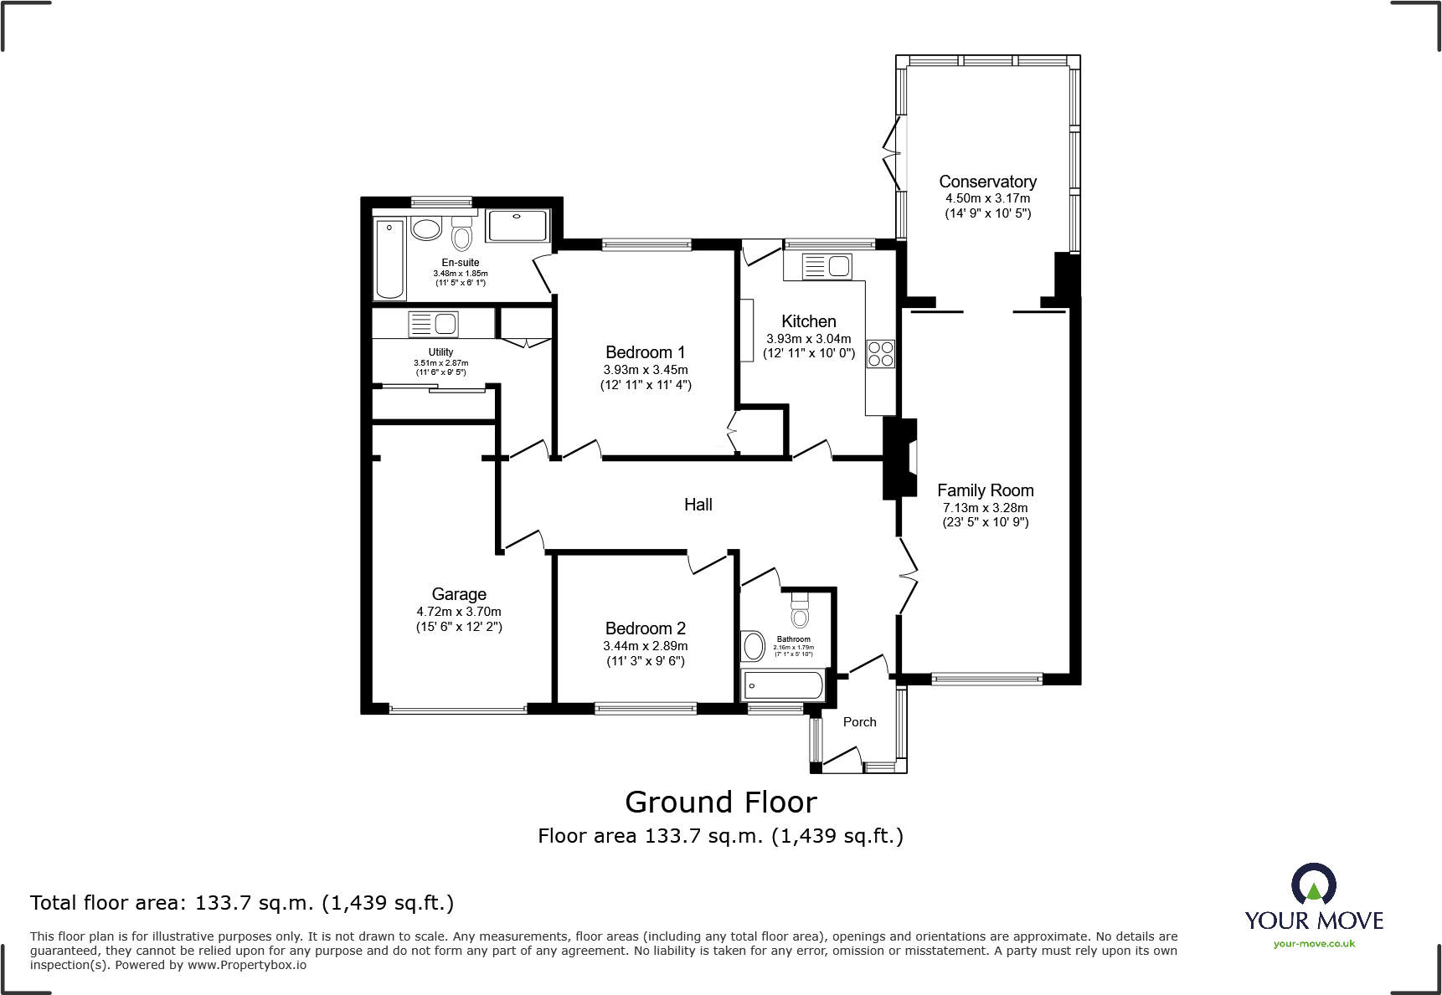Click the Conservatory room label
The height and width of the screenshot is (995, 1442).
(987, 182)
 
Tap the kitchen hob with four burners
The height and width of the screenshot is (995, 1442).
(880, 353)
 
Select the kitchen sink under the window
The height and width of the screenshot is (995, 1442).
(827, 267)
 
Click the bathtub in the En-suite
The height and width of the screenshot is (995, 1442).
(389, 259)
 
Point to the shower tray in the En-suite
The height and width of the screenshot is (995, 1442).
(517, 226)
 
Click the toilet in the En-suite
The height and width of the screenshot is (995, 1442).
(461, 235)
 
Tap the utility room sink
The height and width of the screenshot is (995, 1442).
(433, 323)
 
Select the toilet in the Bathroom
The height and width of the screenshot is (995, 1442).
(801, 612)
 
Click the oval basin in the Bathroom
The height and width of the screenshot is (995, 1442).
(754, 646)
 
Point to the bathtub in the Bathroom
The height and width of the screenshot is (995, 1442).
(783, 686)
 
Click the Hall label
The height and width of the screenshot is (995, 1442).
(698, 505)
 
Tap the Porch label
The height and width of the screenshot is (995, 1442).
(859, 722)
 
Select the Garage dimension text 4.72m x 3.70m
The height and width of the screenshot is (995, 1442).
(459, 612)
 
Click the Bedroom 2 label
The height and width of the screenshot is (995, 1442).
(645, 628)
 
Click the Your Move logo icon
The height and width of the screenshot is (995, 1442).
(1313, 884)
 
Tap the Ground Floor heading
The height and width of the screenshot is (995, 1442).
(720, 803)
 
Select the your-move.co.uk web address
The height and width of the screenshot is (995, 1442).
(1313, 944)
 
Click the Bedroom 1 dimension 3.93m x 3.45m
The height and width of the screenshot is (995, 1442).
(645, 370)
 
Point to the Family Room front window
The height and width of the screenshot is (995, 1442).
(986, 679)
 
